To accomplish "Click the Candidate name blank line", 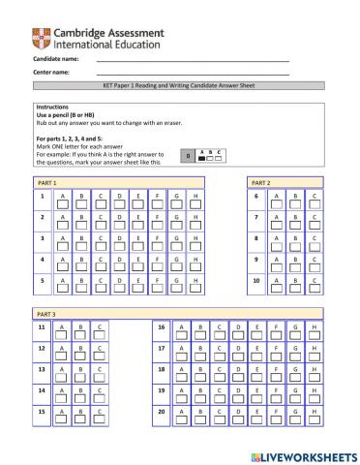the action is coord(193,60).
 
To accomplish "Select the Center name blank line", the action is coord(193,74).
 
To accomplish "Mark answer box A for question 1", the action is coord(63,202).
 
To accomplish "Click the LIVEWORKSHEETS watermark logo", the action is coord(296,453).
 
